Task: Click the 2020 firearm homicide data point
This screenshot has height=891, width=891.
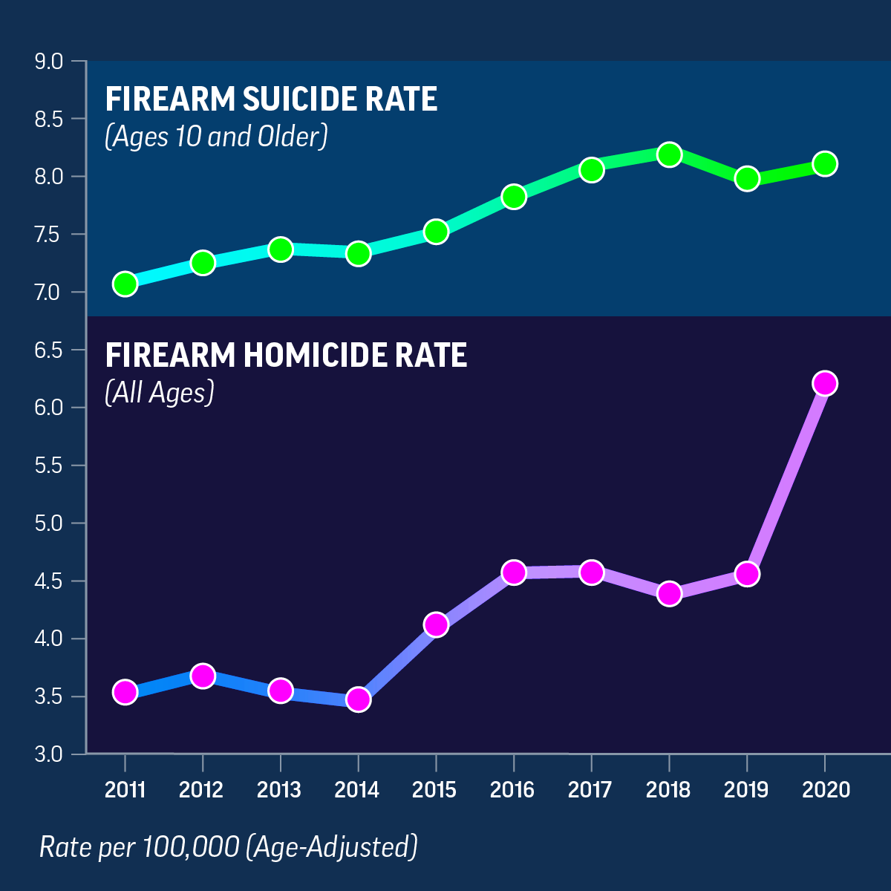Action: [x=824, y=383]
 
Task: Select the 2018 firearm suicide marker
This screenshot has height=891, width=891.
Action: [x=669, y=154]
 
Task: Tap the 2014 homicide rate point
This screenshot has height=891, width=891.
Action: [x=358, y=699]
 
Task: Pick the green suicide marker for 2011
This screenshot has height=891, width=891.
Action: [x=125, y=284]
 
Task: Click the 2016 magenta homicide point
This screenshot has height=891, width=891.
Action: [x=514, y=572]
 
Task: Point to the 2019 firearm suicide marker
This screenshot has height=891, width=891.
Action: [x=747, y=179]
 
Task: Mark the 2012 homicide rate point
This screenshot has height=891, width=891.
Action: [x=203, y=676]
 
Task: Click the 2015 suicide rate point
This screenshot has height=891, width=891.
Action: [x=436, y=232]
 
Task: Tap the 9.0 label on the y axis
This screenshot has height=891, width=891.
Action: [x=49, y=61]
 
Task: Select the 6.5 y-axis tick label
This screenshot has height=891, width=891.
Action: [x=49, y=350]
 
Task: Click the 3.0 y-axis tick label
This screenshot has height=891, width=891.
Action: [x=49, y=754]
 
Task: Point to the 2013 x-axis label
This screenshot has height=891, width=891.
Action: [x=279, y=789]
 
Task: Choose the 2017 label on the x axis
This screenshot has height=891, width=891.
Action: [x=590, y=789]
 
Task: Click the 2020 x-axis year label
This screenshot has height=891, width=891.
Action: [x=826, y=789]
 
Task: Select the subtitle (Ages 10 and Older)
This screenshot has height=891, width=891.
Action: [x=216, y=137]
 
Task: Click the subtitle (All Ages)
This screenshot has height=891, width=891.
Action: [x=160, y=392]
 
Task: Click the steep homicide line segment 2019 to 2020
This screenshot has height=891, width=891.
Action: [x=786, y=479]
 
